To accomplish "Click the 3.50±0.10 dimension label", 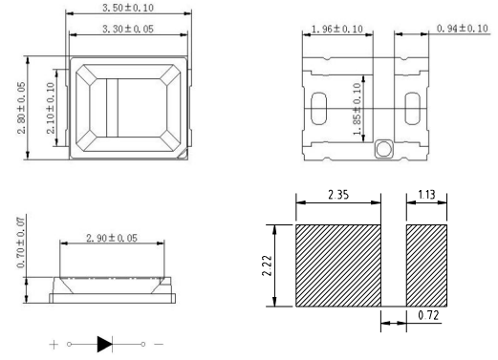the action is coord(128,8).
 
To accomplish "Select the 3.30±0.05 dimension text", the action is coord(128,29).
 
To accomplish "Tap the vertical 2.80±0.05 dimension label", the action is coord(21,108).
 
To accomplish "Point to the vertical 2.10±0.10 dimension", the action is coord(51,108).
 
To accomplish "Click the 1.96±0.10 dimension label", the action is coord(337,30).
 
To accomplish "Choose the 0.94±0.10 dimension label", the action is coord(463,29).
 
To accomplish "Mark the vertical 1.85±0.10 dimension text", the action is coord(357,109).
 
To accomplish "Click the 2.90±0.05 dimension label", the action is coord(112,238).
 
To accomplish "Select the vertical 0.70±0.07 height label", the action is coord(20,243).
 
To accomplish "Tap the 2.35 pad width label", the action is coord(338,195).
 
